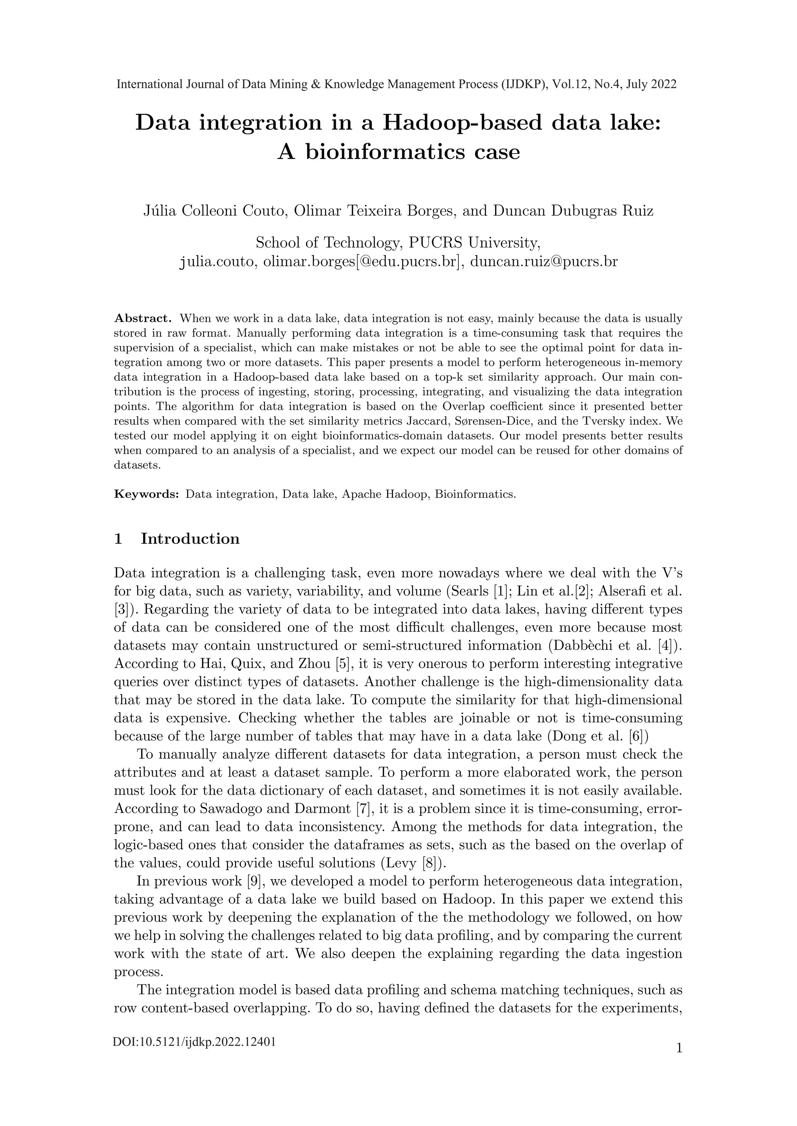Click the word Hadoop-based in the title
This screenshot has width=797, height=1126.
pyautogui.click(x=462, y=122)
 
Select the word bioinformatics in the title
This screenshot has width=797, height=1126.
pyautogui.click(x=386, y=152)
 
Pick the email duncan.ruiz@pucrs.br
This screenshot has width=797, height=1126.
pyautogui.click(x=544, y=261)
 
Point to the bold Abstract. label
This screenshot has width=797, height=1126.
pyautogui.click(x=142, y=319)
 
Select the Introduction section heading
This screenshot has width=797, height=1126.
pyautogui.click(x=190, y=539)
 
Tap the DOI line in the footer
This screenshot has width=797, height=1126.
pyautogui.click(x=194, y=1055)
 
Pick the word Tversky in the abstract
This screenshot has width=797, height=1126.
pyautogui.click(x=620, y=421)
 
